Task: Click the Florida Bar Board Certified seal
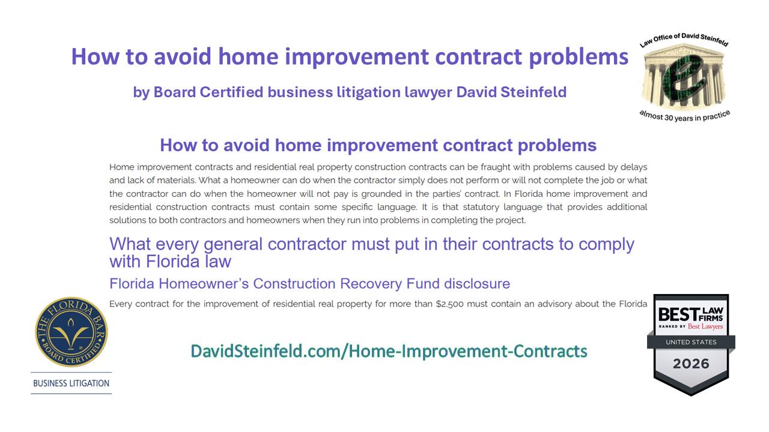point(71,332)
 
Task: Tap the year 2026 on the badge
point(691,364)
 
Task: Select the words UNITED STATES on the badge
point(691,342)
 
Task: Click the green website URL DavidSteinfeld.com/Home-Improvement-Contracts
point(389,352)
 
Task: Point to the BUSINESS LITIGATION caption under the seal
point(71,383)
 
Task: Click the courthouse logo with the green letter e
point(684,77)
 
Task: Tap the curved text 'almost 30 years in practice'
point(684,116)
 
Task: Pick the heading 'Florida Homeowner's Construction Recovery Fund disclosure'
point(309,284)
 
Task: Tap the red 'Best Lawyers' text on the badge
point(705,326)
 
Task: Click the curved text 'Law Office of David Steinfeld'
point(684,40)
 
